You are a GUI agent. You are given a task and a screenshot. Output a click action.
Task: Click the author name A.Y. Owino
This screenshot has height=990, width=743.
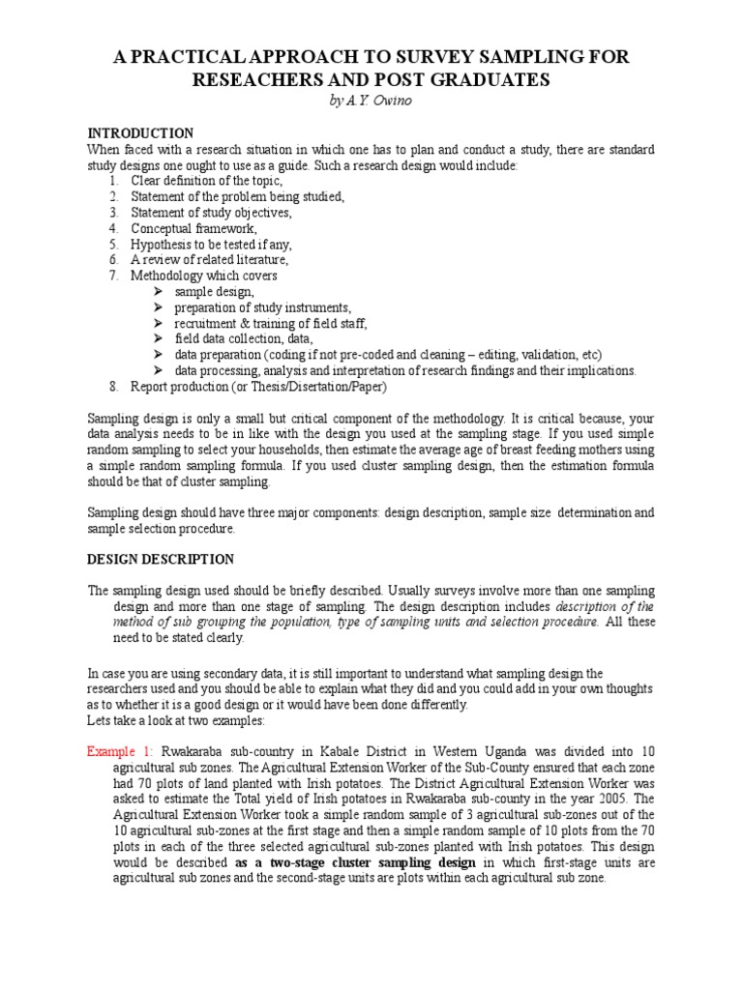tap(371, 102)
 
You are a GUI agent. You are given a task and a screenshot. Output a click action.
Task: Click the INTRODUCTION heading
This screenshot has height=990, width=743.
tap(140, 133)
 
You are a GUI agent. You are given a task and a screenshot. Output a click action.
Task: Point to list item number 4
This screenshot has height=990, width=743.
tap(113, 228)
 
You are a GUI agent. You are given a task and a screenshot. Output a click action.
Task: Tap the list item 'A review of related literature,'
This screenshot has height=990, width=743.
tap(210, 260)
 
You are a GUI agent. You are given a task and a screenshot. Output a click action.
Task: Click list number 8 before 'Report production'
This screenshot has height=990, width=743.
tap(113, 387)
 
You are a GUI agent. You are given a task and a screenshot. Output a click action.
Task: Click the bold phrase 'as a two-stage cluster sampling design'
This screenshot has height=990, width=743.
tap(353, 862)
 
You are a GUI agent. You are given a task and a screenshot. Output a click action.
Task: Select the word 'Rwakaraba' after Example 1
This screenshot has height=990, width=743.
tap(192, 751)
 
